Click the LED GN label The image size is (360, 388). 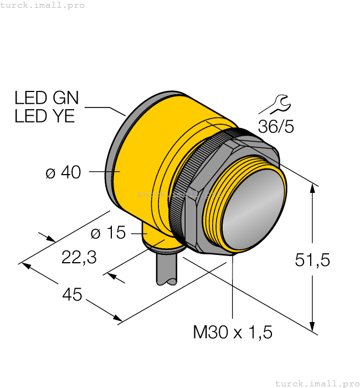(x=47, y=98)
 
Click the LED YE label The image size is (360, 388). (x=44, y=116)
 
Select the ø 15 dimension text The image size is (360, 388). (x=108, y=233)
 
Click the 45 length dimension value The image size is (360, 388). (x=72, y=295)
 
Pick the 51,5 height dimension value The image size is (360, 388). (x=312, y=259)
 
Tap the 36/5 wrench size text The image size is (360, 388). (x=276, y=126)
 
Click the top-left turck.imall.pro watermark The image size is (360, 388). (x=43, y=5)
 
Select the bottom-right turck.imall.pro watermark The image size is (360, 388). (x=317, y=383)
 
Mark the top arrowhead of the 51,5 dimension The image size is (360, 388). (x=313, y=189)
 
